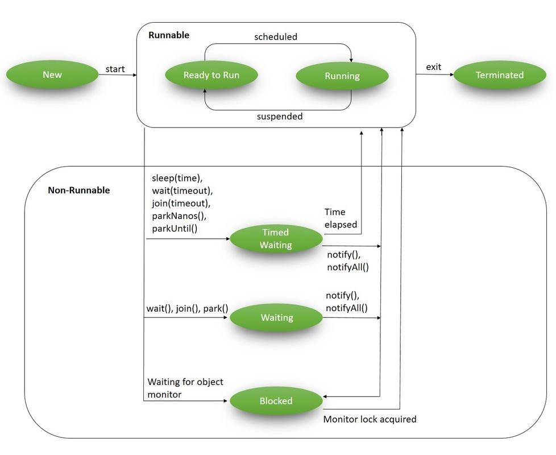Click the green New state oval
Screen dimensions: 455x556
(x=52, y=75)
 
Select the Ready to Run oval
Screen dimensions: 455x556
(x=211, y=75)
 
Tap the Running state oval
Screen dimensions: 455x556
(x=342, y=76)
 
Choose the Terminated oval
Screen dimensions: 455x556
(x=499, y=75)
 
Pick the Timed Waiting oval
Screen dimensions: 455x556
(x=276, y=239)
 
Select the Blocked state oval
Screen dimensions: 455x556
(x=276, y=401)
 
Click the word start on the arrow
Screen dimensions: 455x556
(x=115, y=69)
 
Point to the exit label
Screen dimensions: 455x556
(x=433, y=67)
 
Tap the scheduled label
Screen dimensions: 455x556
(x=275, y=36)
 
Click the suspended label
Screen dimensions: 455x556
(x=279, y=116)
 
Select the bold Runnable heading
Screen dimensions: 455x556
(x=168, y=35)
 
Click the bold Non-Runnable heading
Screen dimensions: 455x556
(x=78, y=190)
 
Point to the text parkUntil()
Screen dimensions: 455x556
(x=174, y=229)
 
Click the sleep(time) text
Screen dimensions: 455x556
(x=177, y=178)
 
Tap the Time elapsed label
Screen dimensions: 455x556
(x=341, y=218)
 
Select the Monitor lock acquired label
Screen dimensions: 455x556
(x=370, y=419)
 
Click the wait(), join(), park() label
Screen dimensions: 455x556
(x=187, y=309)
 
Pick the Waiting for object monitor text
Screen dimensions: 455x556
(x=185, y=387)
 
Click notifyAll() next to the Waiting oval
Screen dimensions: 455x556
(x=346, y=308)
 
